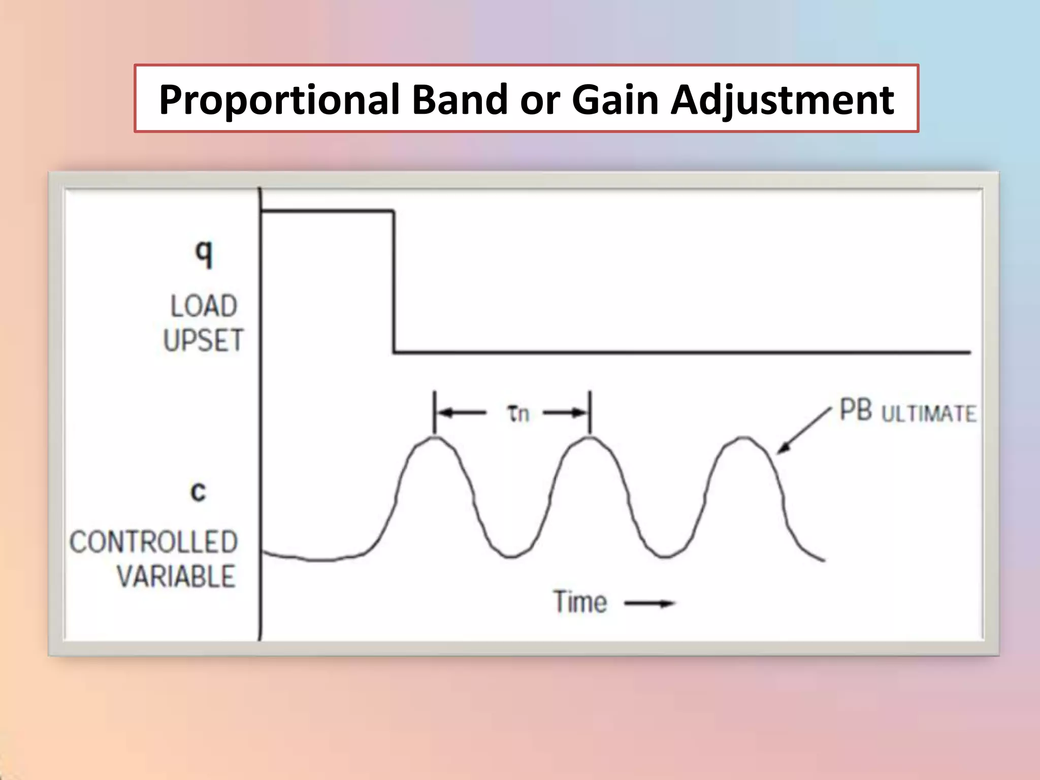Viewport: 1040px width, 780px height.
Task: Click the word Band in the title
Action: click(459, 100)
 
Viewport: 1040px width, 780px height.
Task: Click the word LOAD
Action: click(204, 307)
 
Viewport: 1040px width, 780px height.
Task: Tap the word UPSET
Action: click(204, 340)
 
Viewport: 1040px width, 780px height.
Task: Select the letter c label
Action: click(198, 492)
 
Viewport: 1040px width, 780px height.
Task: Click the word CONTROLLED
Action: click(154, 542)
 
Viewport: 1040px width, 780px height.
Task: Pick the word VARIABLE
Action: click(176, 576)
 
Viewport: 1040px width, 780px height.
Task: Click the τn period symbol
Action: click(518, 413)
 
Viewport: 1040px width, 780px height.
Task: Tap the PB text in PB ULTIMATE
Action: click(856, 410)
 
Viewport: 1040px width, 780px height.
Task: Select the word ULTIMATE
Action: click(928, 414)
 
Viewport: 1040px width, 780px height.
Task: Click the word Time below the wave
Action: click(580, 602)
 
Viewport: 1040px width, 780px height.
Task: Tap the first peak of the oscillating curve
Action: click(435, 438)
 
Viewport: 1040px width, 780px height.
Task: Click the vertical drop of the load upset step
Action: click(394, 282)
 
